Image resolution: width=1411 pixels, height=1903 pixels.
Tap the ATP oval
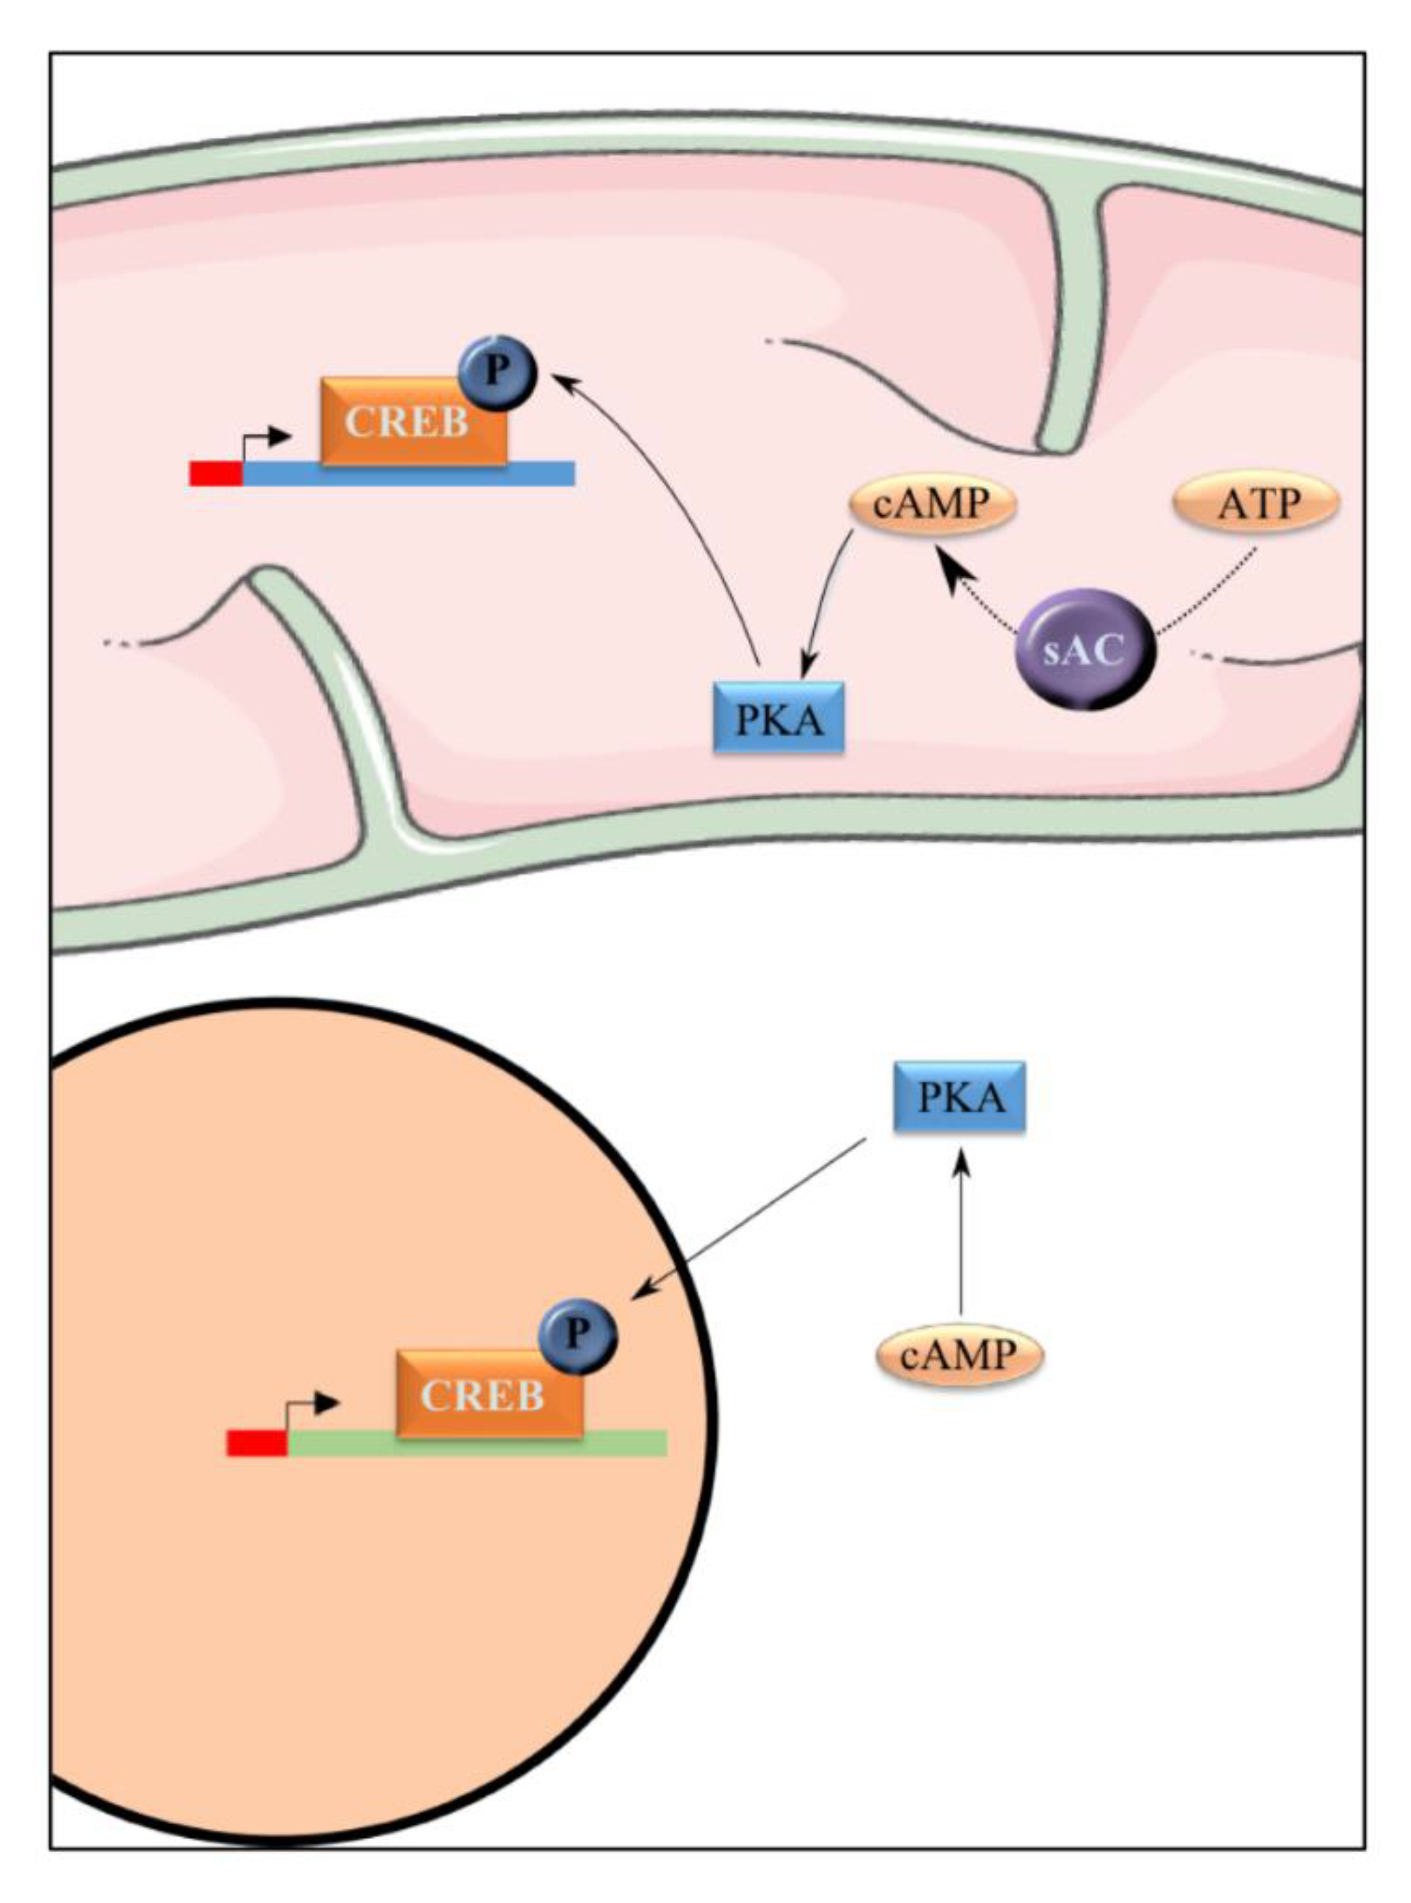(x=1257, y=504)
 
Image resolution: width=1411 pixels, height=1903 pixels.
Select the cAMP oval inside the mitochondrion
(x=932, y=504)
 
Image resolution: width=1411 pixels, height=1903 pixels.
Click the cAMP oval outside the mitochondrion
(x=959, y=1353)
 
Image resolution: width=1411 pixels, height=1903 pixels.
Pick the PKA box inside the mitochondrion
(x=778, y=717)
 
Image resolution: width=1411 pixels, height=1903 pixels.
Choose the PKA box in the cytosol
(x=959, y=1097)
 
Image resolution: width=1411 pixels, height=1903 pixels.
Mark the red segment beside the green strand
(x=256, y=1443)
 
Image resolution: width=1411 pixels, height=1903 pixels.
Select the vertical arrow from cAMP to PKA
(x=962, y=1229)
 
